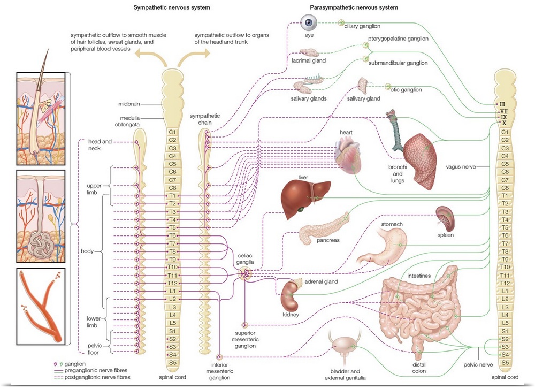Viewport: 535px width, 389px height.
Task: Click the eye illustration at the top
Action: (x=308, y=24)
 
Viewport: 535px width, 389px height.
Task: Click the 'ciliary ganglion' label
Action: (x=362, y=26)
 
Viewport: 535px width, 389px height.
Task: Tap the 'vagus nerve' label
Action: (x=461, y=167)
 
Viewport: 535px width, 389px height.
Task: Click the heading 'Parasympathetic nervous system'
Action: (x=354, y=7)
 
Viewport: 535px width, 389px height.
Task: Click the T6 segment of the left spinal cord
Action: (x=172, y=236)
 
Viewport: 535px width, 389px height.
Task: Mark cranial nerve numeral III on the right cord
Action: (x=502, y=104)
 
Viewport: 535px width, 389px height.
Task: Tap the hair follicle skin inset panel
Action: (x=41, y=118)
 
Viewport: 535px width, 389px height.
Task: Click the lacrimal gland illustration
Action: (x=310, y=53)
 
